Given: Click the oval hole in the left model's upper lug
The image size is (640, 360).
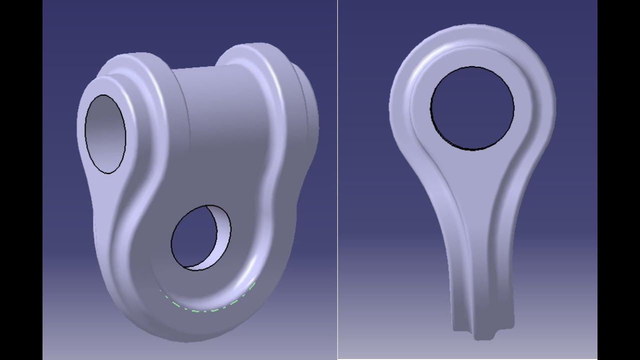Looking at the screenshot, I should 105,134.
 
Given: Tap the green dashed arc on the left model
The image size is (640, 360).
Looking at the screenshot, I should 210,306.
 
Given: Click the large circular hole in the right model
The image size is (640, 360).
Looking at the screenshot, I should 472,108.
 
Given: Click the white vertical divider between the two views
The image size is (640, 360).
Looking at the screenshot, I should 337,180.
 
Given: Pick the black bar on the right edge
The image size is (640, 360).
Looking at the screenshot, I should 618,180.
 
